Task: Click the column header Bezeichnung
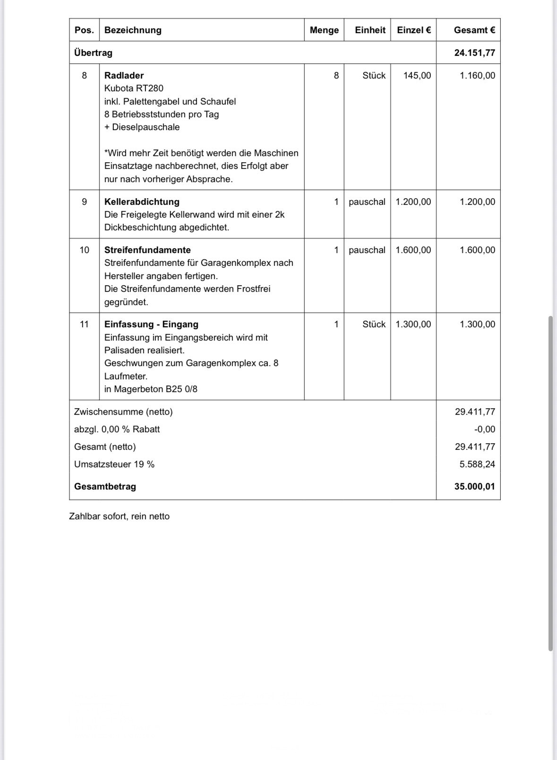pos(133,30)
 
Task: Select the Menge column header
pos(324,30)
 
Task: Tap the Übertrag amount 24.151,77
pos(474,52)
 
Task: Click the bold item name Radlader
pos(124,75)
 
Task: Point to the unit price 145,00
pos(417,75)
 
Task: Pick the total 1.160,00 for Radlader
pos(477,75)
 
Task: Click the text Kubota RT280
pos(134,88)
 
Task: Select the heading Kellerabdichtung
pos(142,202)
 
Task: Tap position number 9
pos(85,202)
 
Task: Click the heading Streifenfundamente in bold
pos(147,250)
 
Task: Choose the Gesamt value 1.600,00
pos(477,250)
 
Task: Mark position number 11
pos(85,324)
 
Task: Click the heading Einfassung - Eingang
pos(151,324)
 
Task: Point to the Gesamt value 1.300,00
pos(477,324)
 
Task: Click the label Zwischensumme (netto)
pos(123,412)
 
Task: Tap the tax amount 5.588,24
pos(477,464)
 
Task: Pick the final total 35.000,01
pos(474,487)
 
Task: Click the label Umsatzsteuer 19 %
pos(114,464)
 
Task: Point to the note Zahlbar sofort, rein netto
pos(119,516)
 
